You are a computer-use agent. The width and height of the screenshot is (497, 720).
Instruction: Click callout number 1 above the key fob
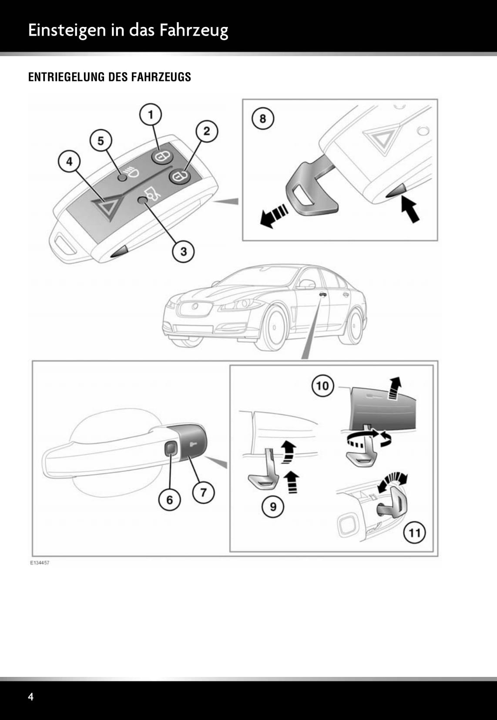(151, 115)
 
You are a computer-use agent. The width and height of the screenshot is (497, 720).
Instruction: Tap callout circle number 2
(206, 131)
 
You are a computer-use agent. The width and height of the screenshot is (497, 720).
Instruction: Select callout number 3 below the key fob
(184, 251)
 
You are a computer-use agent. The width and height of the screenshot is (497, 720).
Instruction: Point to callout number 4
(70, 162)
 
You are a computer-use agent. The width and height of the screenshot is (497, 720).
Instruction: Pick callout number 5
(101, 141)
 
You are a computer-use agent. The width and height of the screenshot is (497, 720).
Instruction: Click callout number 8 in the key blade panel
(262, 118)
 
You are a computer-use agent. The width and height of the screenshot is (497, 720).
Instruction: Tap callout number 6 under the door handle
(170, 500)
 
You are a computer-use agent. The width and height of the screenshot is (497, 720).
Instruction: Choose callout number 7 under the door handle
(203, 492)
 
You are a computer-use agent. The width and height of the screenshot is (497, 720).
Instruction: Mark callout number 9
(273, 507)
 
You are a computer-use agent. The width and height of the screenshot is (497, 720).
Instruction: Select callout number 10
(322, 386)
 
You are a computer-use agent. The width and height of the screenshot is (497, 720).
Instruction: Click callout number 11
(414, 533)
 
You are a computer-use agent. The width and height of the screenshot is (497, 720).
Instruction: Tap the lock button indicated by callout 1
(162, 157)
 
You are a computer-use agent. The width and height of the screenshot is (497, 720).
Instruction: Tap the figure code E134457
(39, 563)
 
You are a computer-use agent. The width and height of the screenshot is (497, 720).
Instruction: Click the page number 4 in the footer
(30, 696)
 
